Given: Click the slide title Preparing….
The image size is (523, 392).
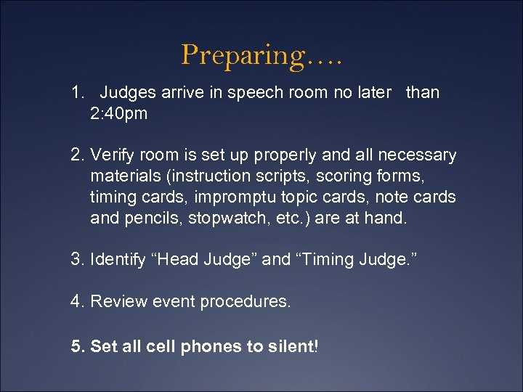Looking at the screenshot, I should pyautogui.click(x=261, y=54).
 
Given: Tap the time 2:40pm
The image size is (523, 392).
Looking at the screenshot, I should pyautogui.click(x=118, y=113).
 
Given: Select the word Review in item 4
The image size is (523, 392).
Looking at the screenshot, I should pyautogui.click(x=115, y=301).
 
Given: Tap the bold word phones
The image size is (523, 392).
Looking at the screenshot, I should pyautogui.click(x=211, y=347).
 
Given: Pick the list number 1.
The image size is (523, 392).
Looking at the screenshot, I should pyautogui.click(x=77, y=93).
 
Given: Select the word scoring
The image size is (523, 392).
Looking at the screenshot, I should pyautogui.click(x=346, y=176).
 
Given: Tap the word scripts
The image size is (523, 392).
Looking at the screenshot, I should pyautogui.click(x=283, y=176).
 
